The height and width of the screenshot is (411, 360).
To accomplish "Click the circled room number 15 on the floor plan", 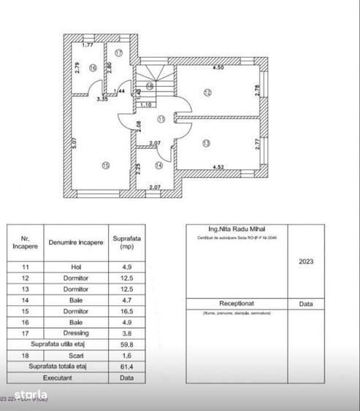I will pos(106,166).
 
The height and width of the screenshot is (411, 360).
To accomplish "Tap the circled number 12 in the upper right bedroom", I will pos(207,93).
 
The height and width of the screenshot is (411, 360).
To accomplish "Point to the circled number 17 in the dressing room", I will pos(118,53).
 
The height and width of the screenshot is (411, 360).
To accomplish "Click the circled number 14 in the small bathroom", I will pos(160,165).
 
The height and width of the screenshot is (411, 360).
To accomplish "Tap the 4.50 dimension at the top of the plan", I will pos(218,69).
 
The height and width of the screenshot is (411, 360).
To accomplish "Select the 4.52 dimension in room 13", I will pos(218,167).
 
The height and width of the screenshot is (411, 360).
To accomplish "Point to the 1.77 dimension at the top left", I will pos(88,46).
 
